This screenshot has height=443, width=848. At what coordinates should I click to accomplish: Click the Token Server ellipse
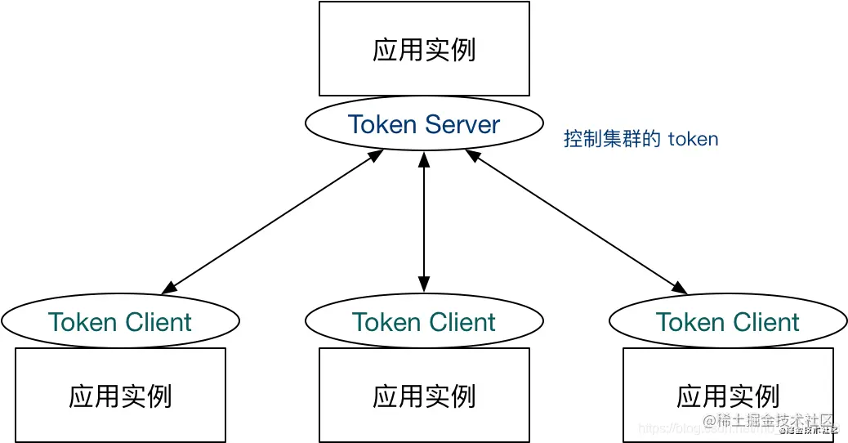point(424,123)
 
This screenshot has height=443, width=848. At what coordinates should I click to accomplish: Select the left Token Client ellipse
point(120,321)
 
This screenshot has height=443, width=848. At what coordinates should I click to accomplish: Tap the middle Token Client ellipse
point(424,321)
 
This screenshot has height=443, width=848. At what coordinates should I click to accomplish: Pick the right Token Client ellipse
point(728,321)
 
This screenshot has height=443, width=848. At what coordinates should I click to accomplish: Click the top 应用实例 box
point(424,49)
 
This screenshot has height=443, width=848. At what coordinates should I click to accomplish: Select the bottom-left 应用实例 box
point(120,396)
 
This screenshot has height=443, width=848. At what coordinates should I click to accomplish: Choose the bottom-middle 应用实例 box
point(424,396)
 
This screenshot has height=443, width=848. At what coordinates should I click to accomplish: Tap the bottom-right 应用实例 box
point(728,396)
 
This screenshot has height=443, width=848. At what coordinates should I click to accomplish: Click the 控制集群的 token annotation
point(640,139)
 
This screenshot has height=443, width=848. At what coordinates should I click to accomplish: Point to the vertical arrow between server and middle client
point(424,221)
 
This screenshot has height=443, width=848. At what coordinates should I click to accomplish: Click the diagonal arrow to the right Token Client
point(576,221)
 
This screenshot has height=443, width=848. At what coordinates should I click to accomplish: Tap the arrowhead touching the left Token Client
point(168,289)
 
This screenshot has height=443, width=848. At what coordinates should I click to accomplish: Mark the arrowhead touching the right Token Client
point(680,288)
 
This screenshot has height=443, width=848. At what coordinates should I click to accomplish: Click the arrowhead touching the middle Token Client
point(424,285)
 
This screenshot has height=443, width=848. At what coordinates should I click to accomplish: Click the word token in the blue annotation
point(693,139)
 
